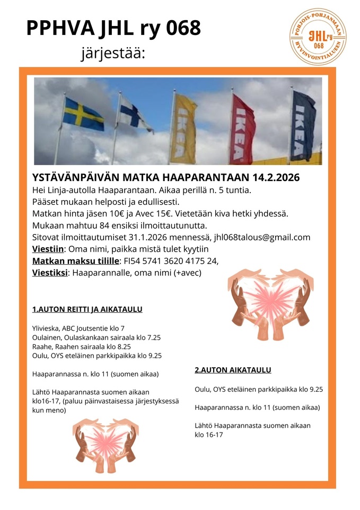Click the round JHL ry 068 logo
click(318, 37)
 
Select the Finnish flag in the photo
click(134, 114)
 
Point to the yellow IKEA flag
click(185, 128)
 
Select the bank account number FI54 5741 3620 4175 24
click(170, 261)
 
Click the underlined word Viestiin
click(49, 249)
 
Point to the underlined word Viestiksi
click(50, 273)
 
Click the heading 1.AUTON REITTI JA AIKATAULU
click(87, 309)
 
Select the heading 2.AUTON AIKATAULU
click(233, 370)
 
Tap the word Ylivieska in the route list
click(47, 328)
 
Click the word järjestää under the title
click(112, 54)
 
